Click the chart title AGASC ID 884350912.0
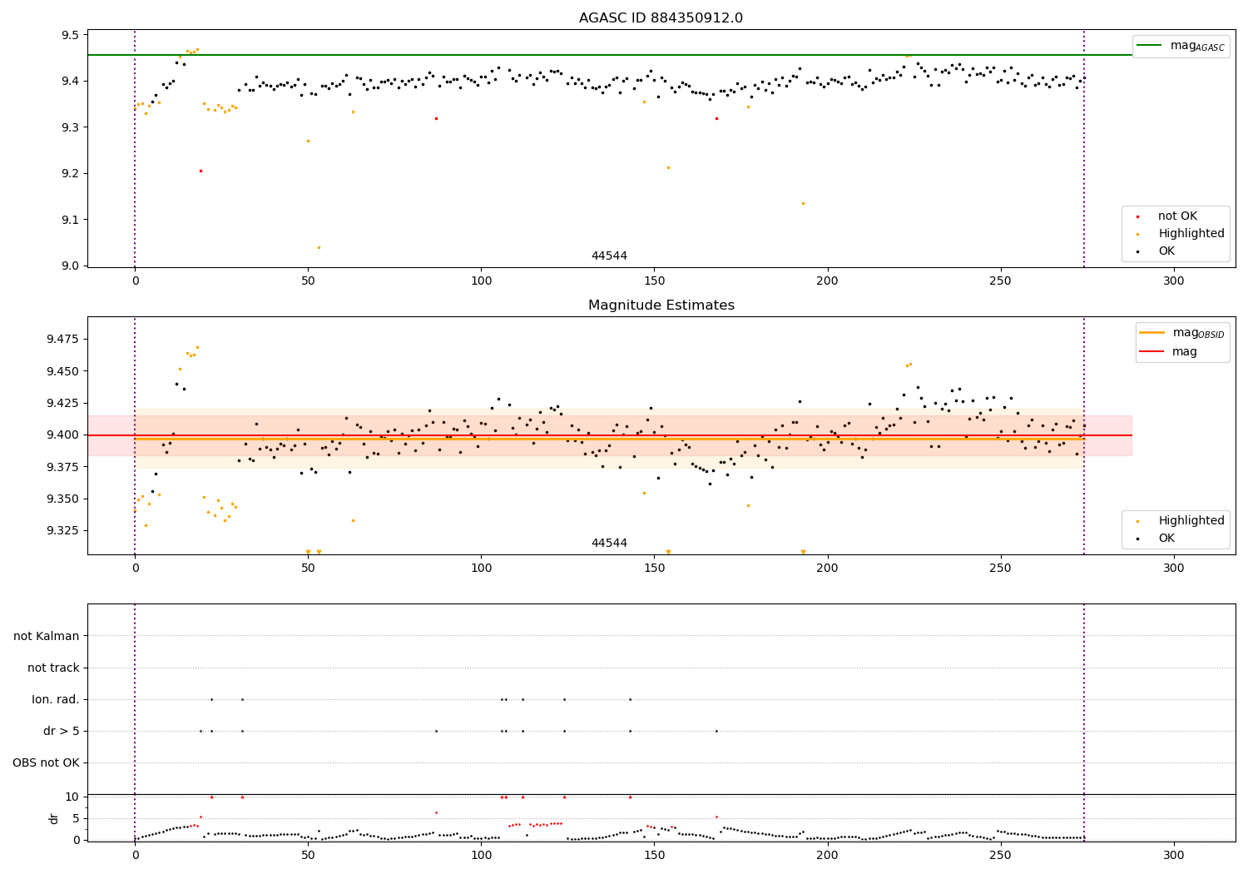pyautogui.click(x=661, y=18)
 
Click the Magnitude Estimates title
pyautogui.click(x=661, y=305)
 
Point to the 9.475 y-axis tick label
pyautogui.click(x=61, y=339)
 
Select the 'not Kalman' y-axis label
pyautogui.click(x=47, y=636)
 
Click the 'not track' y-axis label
pyautogui.click(x=53, y=668)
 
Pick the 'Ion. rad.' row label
pyautogui.click(x=56, y=699)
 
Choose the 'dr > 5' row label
pyautogui.click(x=62, y=731)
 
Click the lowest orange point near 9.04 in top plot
pyautogui.click(x=319, y=247)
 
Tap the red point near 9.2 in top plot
pyautogui.click(x=201, y=171)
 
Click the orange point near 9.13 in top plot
pyautogui.click(x=803, y=203)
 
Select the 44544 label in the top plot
pyautogui.click(x=609, y=256)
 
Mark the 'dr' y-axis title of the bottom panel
pyautogui.click(x=55, y=818)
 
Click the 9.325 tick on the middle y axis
pyautogui.click(x=61, y=530)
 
